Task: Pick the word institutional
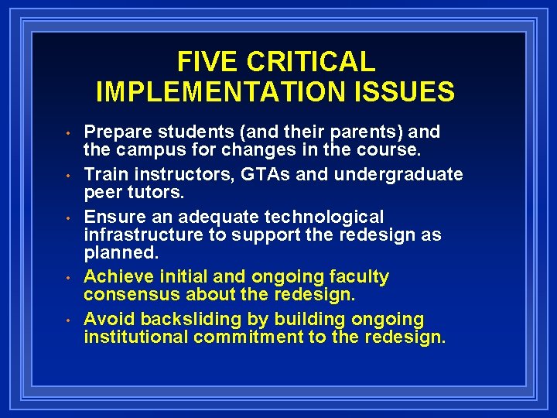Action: coord(135,337)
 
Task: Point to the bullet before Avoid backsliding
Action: coord(68,320)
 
